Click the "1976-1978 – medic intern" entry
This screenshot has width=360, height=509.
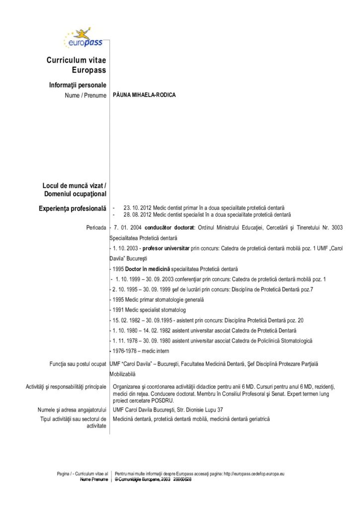tap(139, 351)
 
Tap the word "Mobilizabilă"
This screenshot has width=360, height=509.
tap(122, 374)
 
